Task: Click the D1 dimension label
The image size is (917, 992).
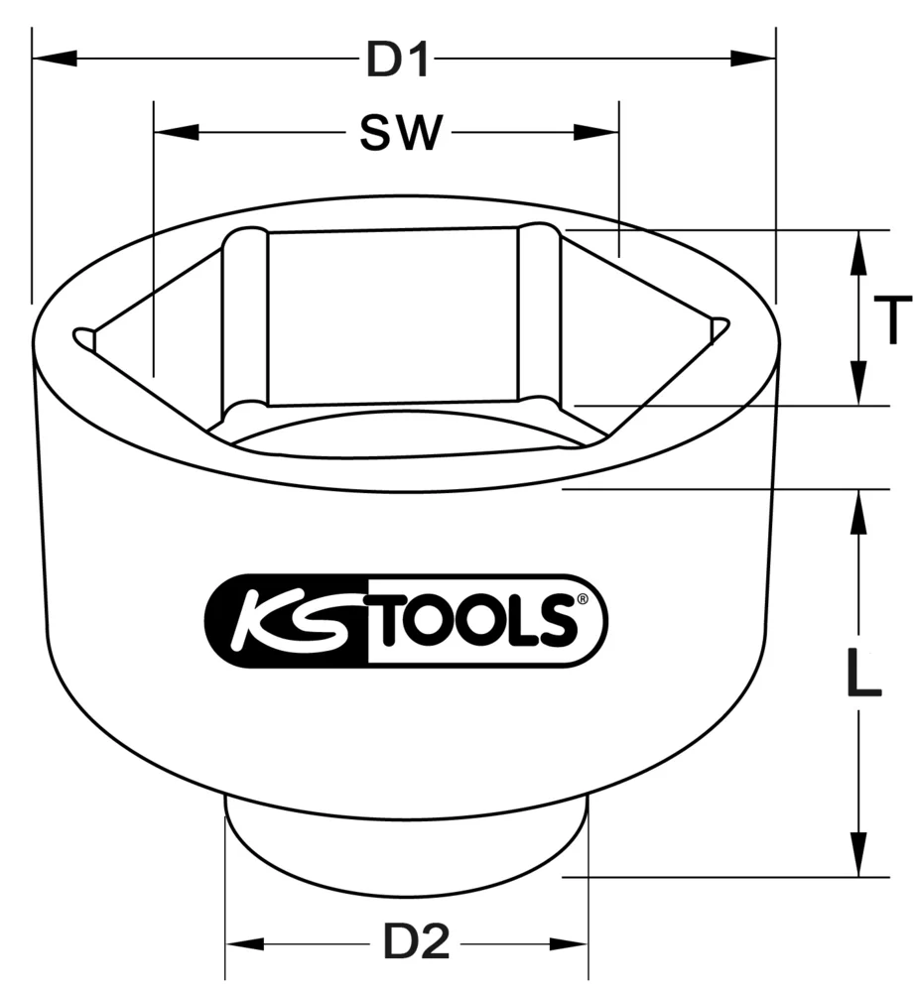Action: coord(399,62)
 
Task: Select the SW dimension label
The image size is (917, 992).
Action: coord(399,134)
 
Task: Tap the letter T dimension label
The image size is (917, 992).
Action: coord(893,321)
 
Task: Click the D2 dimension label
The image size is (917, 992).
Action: coord(417,941)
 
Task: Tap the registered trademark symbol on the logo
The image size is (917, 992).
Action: coord(583,598)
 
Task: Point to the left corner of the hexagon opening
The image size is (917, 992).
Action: coord(82,337)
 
